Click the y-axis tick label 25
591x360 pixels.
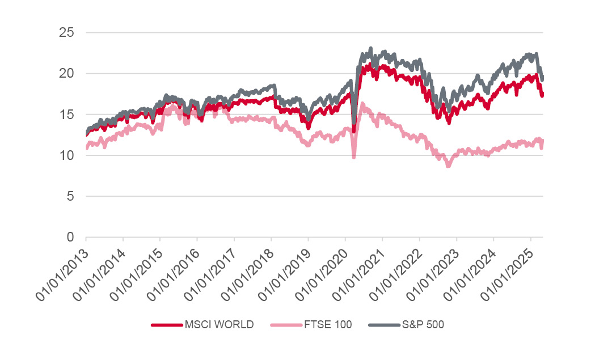click(66, 32)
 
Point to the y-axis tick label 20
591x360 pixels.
click(66, 73)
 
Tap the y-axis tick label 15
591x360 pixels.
click(66, 114)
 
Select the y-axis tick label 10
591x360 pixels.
click(66, 155)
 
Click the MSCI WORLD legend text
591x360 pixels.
click(219, 325)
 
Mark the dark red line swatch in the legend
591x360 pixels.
click(166, 325)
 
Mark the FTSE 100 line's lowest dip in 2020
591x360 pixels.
click(354, 157)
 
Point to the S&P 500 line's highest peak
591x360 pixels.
click(371, 49)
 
